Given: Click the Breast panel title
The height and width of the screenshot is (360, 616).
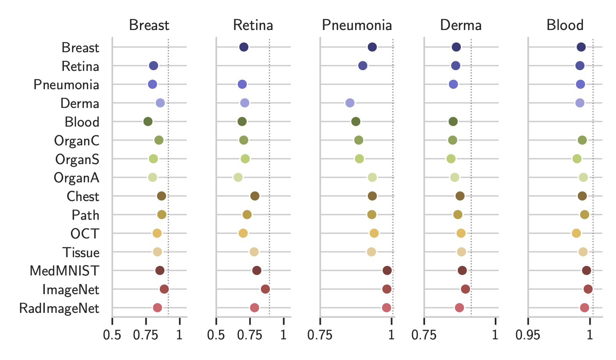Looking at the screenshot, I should pos(149,25).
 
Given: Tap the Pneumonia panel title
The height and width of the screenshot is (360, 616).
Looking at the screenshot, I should pos(357,25).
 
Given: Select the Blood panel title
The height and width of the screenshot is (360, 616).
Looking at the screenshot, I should pos(565,25).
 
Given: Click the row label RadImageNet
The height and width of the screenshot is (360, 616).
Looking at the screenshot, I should pos(59,309).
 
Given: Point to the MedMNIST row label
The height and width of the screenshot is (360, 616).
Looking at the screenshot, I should pos(64,271).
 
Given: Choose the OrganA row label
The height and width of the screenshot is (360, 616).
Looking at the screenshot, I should pos(76,178).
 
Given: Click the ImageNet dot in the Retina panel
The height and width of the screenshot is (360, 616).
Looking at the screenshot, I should pos(265,289).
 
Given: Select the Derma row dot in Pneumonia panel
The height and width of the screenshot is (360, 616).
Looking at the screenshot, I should pos(350,103).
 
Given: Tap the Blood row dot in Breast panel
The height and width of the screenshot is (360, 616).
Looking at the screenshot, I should pos(148,122).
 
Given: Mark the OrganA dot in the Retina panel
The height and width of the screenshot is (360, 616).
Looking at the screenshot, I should pos(238,178).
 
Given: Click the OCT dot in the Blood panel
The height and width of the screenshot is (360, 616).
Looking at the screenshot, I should pos(576,233).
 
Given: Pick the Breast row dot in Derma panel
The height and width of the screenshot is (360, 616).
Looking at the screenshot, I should pos(456,47).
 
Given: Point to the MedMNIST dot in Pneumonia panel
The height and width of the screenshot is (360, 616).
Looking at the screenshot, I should pos(387,270).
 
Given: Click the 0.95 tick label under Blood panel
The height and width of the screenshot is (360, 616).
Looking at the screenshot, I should pos(528,335).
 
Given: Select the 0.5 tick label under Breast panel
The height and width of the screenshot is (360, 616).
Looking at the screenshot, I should pos(112,335).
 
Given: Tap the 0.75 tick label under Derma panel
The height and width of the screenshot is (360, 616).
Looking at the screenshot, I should pos(424,335).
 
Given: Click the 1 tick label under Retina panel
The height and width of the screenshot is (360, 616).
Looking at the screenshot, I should pos(283,335).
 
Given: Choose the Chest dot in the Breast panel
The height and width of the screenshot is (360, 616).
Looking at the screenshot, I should pos(161,196).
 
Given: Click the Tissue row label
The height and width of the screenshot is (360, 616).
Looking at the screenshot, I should pos(81,252).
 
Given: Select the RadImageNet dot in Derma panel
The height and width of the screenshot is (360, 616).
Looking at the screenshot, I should pos(460,308).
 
